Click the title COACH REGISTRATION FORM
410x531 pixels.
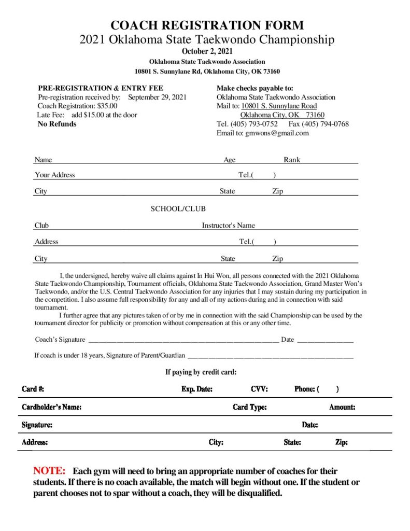pos(207,25)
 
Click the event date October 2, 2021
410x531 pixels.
pos(207,51)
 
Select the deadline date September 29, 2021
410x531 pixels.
pos(157,97)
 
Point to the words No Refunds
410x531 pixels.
pos(57,124)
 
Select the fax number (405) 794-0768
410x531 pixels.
pos(326,124)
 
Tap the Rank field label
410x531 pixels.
pos(292,160)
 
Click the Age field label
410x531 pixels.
pos(229,160)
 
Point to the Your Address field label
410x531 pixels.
pos(54,175)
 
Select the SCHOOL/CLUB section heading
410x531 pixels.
pos(178,209)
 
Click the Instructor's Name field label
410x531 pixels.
pos(228,226)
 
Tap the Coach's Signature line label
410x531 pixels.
pos(60,340)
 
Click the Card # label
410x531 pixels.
pos(33,389)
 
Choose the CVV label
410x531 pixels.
pos(259,389)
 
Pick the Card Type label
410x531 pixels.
pos(249,407)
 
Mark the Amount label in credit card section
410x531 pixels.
pos(342,407)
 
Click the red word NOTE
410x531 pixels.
pos(49,471)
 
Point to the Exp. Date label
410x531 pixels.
pos(197,389)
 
